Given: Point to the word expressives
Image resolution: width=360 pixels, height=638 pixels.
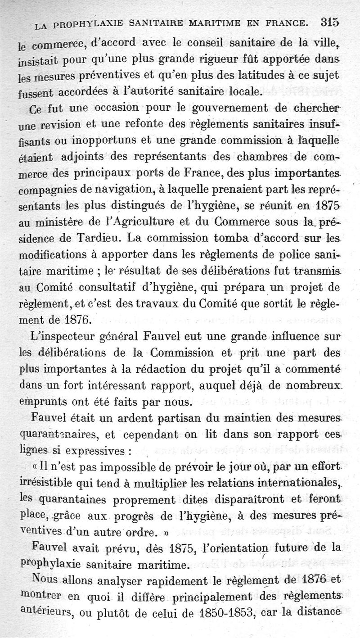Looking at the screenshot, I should pyautogui.click(x=95, y=450).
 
